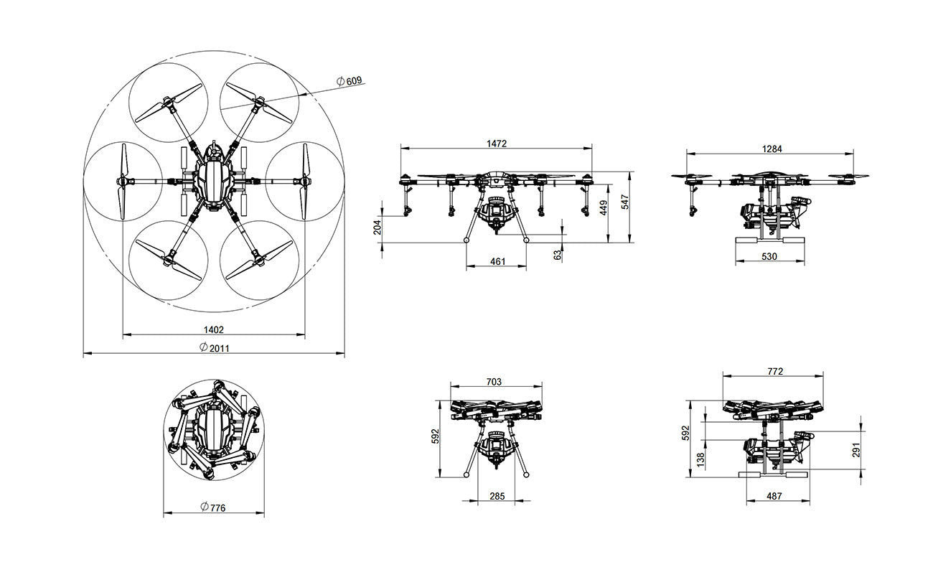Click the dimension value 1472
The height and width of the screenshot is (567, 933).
click(x=496, y=144)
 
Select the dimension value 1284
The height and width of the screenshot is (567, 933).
click(x=772, y=149)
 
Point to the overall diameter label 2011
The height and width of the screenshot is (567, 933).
click(x=214, y=347)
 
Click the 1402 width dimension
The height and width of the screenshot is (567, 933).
click(x=214, y=329)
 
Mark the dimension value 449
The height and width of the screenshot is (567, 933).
click(x=604, y=207)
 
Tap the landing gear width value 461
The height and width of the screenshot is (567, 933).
click(x=497, y=262)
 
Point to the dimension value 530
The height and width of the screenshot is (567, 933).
click(x=768, y=256)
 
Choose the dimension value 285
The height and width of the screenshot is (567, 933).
click(x=497, y=495)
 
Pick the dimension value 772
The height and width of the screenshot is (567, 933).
click(x=775, y=371)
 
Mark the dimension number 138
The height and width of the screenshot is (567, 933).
click(x=700, y=458)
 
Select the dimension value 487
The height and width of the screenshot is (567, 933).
click(x=774, y=495)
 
